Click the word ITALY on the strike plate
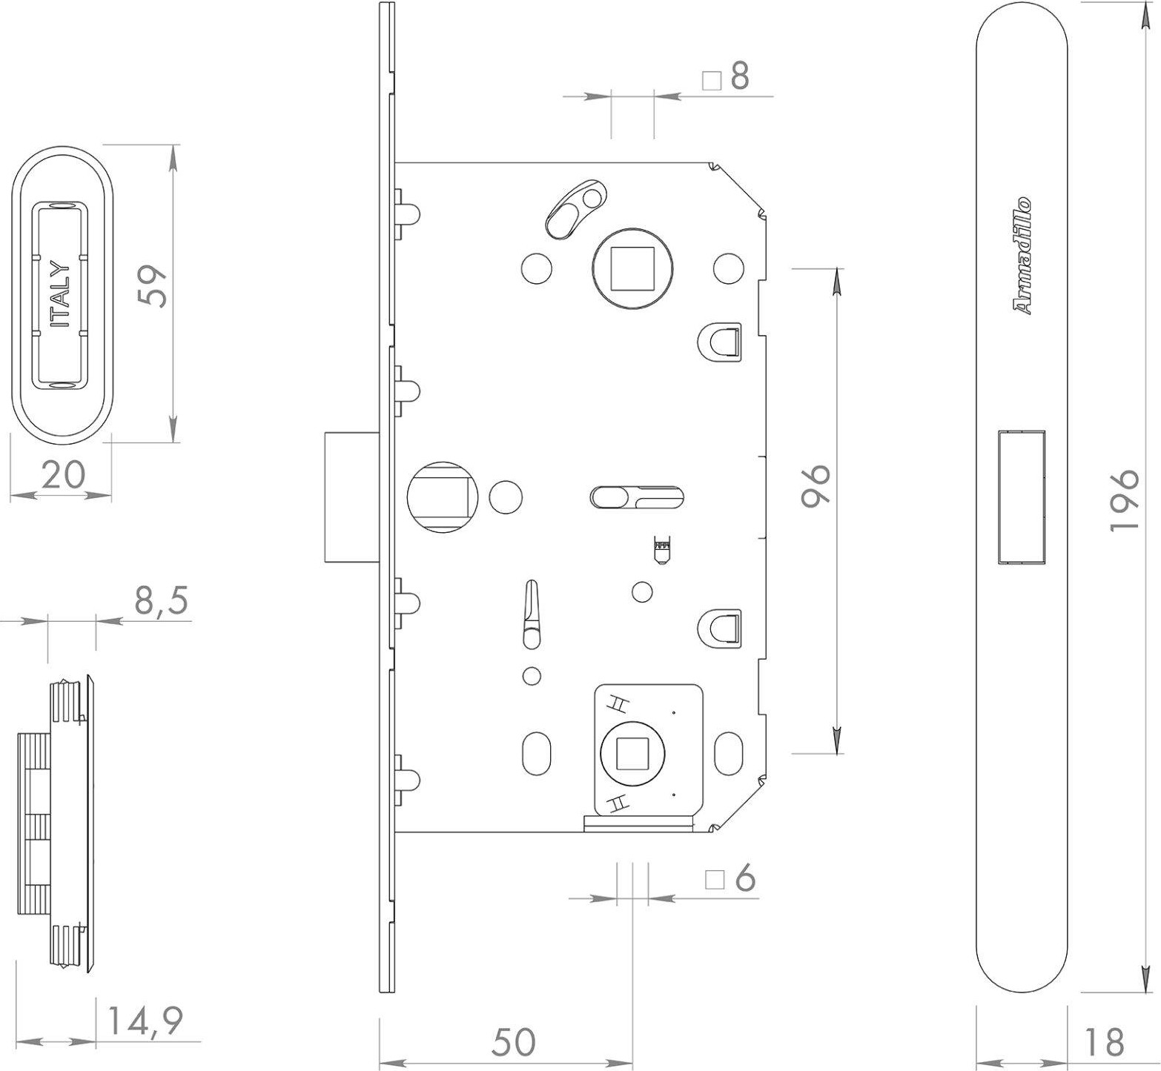click(60, 294)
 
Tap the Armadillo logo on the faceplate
click(1022, 256)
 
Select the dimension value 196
click(1124, 499)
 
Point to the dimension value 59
click(154, 286)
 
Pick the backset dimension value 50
click(513, 1041)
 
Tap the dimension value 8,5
click(162, 601)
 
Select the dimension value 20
click(63, 474)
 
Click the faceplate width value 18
click(1103, 1041)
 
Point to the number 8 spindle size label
click(739, 76)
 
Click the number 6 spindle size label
click(745, 879)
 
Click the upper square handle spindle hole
click(631, 268)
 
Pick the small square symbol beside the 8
click(712, 80)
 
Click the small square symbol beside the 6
click(715, 880)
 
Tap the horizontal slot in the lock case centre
click(636, 497)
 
